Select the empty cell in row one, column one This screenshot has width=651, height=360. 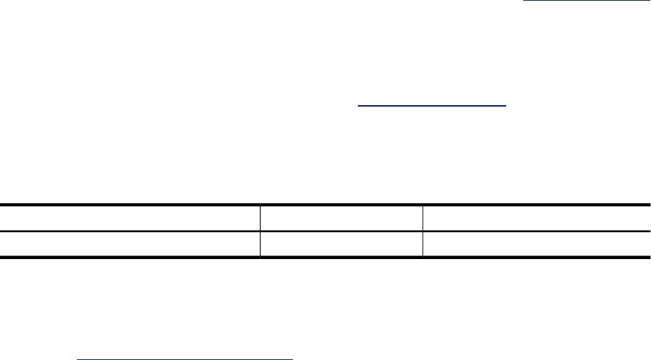[130, 218]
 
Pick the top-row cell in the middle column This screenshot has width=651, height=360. [342, 218]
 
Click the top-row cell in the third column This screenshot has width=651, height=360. [537, 218]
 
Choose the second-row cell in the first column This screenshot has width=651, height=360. [130, 244]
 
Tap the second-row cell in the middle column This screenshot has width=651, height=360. [342, 244]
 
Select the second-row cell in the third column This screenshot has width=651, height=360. [537, 244]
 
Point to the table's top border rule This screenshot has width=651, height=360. [325, 205]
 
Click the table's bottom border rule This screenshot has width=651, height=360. [325, 258]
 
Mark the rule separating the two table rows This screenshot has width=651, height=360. [325, 231]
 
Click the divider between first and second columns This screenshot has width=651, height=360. [260, 219]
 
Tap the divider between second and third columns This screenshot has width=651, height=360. [423, 219]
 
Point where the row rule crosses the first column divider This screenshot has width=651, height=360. [260, 231]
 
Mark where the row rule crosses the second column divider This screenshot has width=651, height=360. [423, 231]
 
